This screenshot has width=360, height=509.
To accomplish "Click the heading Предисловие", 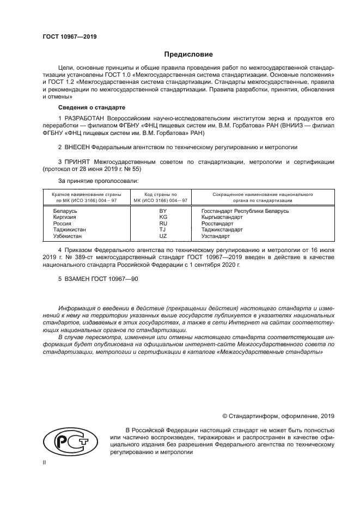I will coord(188,54).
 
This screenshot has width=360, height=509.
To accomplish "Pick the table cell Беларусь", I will coord(65,211).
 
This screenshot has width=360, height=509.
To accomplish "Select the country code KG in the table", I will coord(163,217).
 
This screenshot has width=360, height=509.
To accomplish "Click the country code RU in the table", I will coord(163,223).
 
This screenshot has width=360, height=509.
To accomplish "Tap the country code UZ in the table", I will coord(163,236).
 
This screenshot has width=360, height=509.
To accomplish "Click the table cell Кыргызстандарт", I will coord(222,217).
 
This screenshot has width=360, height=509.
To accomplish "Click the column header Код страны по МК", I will coord(161,197).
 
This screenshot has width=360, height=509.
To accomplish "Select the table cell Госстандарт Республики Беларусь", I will coord(245,211).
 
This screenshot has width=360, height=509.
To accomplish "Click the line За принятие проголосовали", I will coord(98,180).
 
